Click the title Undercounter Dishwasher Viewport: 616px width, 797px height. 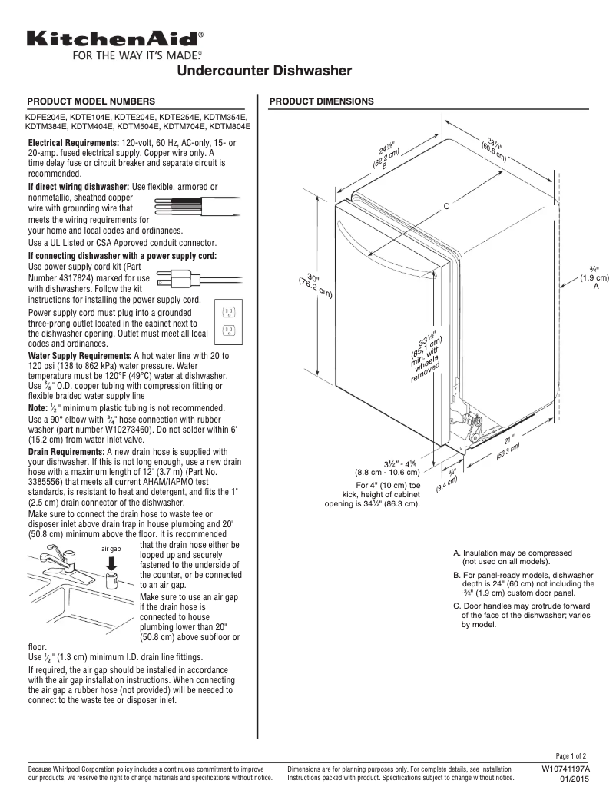(265, 71)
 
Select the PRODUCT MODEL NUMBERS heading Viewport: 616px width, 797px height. (91, 101)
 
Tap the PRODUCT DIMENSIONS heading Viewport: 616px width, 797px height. (322, 101)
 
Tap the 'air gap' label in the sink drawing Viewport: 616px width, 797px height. (111, 549)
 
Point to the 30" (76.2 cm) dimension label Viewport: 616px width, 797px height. (314, 284)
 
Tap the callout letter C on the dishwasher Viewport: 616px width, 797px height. (445, 207)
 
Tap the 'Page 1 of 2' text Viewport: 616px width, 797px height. (571, 756)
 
